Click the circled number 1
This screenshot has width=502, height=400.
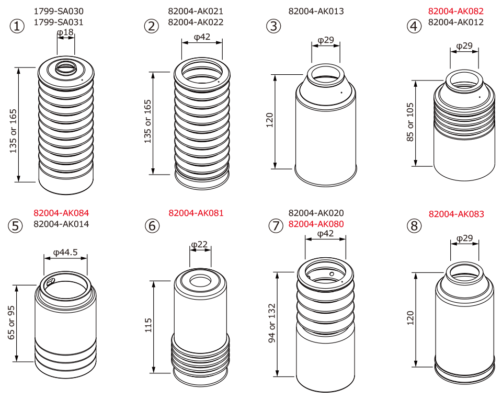point(17,26)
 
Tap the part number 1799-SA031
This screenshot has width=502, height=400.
point(59,22)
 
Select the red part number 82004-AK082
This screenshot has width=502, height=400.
point(456,11)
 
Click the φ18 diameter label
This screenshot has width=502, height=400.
point(65,32)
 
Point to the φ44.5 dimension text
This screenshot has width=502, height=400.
point(66,253)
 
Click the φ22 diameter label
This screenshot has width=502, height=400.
point(199,245)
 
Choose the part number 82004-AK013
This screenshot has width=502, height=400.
point(316,11)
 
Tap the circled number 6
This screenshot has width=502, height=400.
point(152,225)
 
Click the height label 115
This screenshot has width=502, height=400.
point(148,325)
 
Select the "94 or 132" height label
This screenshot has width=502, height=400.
point(271,323)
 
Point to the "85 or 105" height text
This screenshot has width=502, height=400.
point(410,122)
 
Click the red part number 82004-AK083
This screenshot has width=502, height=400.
point(456,214)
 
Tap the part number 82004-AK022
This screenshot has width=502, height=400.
point(196,22)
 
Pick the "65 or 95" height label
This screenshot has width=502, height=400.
point(11,323)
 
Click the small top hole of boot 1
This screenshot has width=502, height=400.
point(66,68)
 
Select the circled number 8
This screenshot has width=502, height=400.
point(414,225)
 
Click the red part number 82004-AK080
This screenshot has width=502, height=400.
point(316,224)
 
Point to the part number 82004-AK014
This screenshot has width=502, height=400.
point(61,224)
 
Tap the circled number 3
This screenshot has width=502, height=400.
point(273,26)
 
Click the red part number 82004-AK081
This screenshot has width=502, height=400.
point(196,213)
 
